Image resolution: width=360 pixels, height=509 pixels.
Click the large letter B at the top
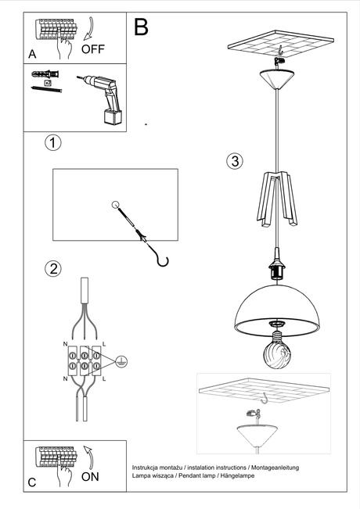(x=141, y=27)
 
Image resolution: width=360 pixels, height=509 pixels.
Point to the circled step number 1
(x=52, y=143)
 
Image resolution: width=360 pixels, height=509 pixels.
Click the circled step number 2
(x=52, y=269)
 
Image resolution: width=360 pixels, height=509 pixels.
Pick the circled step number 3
(x=234, y=162)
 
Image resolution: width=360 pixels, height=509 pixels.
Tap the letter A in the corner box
(x=32, y=54)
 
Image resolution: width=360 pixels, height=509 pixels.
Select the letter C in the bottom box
(x=32, y=482)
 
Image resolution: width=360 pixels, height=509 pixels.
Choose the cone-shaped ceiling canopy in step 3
(x=278, y=78)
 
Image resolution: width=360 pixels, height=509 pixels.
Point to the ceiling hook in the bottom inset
(x=266, y=399)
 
